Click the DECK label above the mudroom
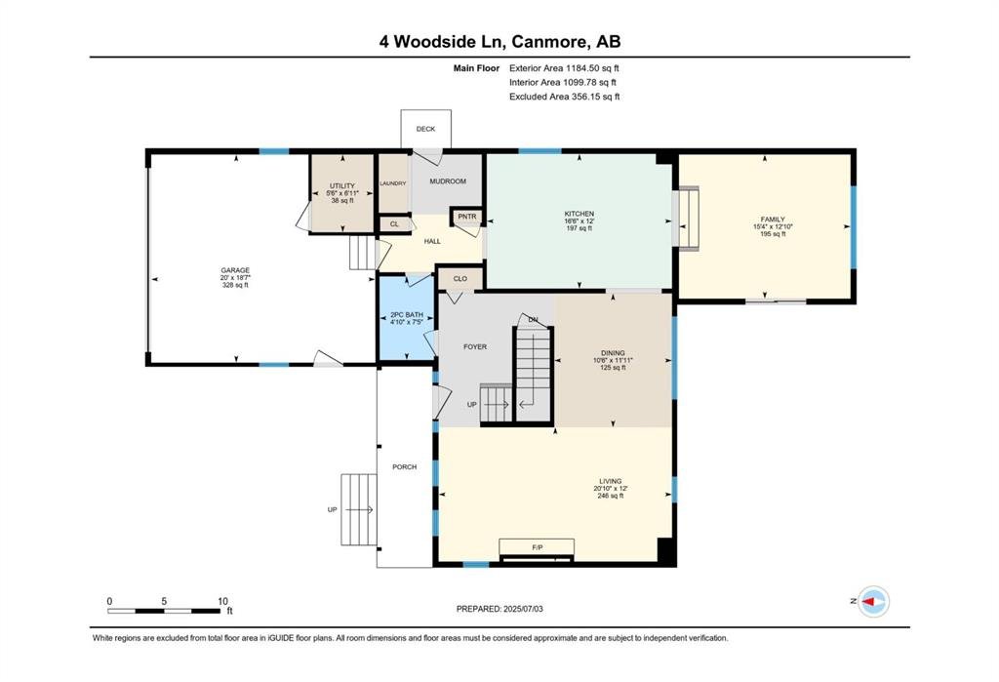425,129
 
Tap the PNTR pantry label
467,217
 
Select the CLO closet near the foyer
460,278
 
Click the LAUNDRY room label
393,183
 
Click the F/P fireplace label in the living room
538,547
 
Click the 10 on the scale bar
223,601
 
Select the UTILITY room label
342,186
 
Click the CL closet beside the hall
394,224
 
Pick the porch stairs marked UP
359,509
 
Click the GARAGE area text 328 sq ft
235,285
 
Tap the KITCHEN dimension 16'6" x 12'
579,221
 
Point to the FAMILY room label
773,220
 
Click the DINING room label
613,353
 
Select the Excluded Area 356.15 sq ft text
565,97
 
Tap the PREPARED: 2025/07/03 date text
499,609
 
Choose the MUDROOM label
448,181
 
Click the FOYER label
475,346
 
